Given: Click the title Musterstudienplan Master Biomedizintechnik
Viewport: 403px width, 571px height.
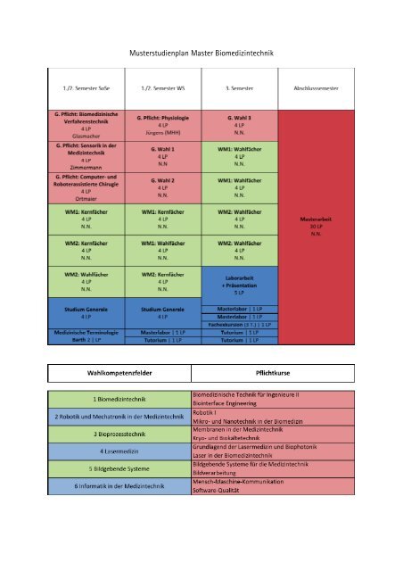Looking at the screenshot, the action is [x=201, y=54].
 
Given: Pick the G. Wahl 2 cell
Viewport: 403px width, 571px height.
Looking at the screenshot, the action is [x=163, y=187].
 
